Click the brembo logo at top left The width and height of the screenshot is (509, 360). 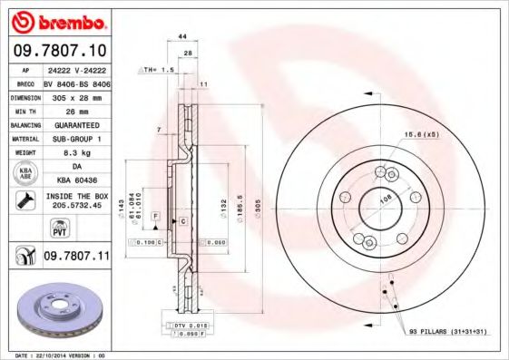pos(56,21)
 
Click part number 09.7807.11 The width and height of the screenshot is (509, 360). pos(76,258)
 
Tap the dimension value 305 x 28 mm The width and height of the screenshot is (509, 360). pos(76,96)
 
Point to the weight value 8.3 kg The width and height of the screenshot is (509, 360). pos(76,153)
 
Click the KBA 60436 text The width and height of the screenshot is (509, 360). pos(76,181)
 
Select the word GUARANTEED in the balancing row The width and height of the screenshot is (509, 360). pos(76,124)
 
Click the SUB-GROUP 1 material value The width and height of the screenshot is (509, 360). pos(76,139)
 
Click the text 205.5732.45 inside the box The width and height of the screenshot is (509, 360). pos(76,204)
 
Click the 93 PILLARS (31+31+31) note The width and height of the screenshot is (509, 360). pos(447,333)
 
